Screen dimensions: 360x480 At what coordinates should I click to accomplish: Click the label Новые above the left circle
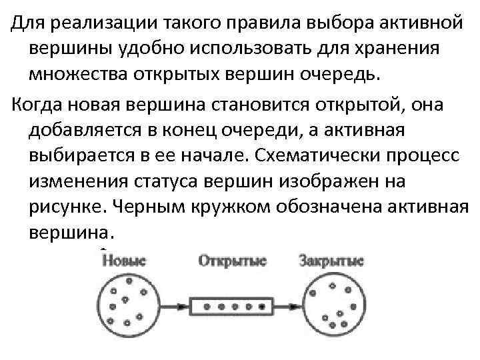[x=125, y=260]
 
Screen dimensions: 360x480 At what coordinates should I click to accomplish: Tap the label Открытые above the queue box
[x=232, y=260]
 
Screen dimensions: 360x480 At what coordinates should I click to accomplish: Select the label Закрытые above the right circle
[x=331, y=260]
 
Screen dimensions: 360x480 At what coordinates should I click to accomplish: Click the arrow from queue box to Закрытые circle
[x=289, y=307]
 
